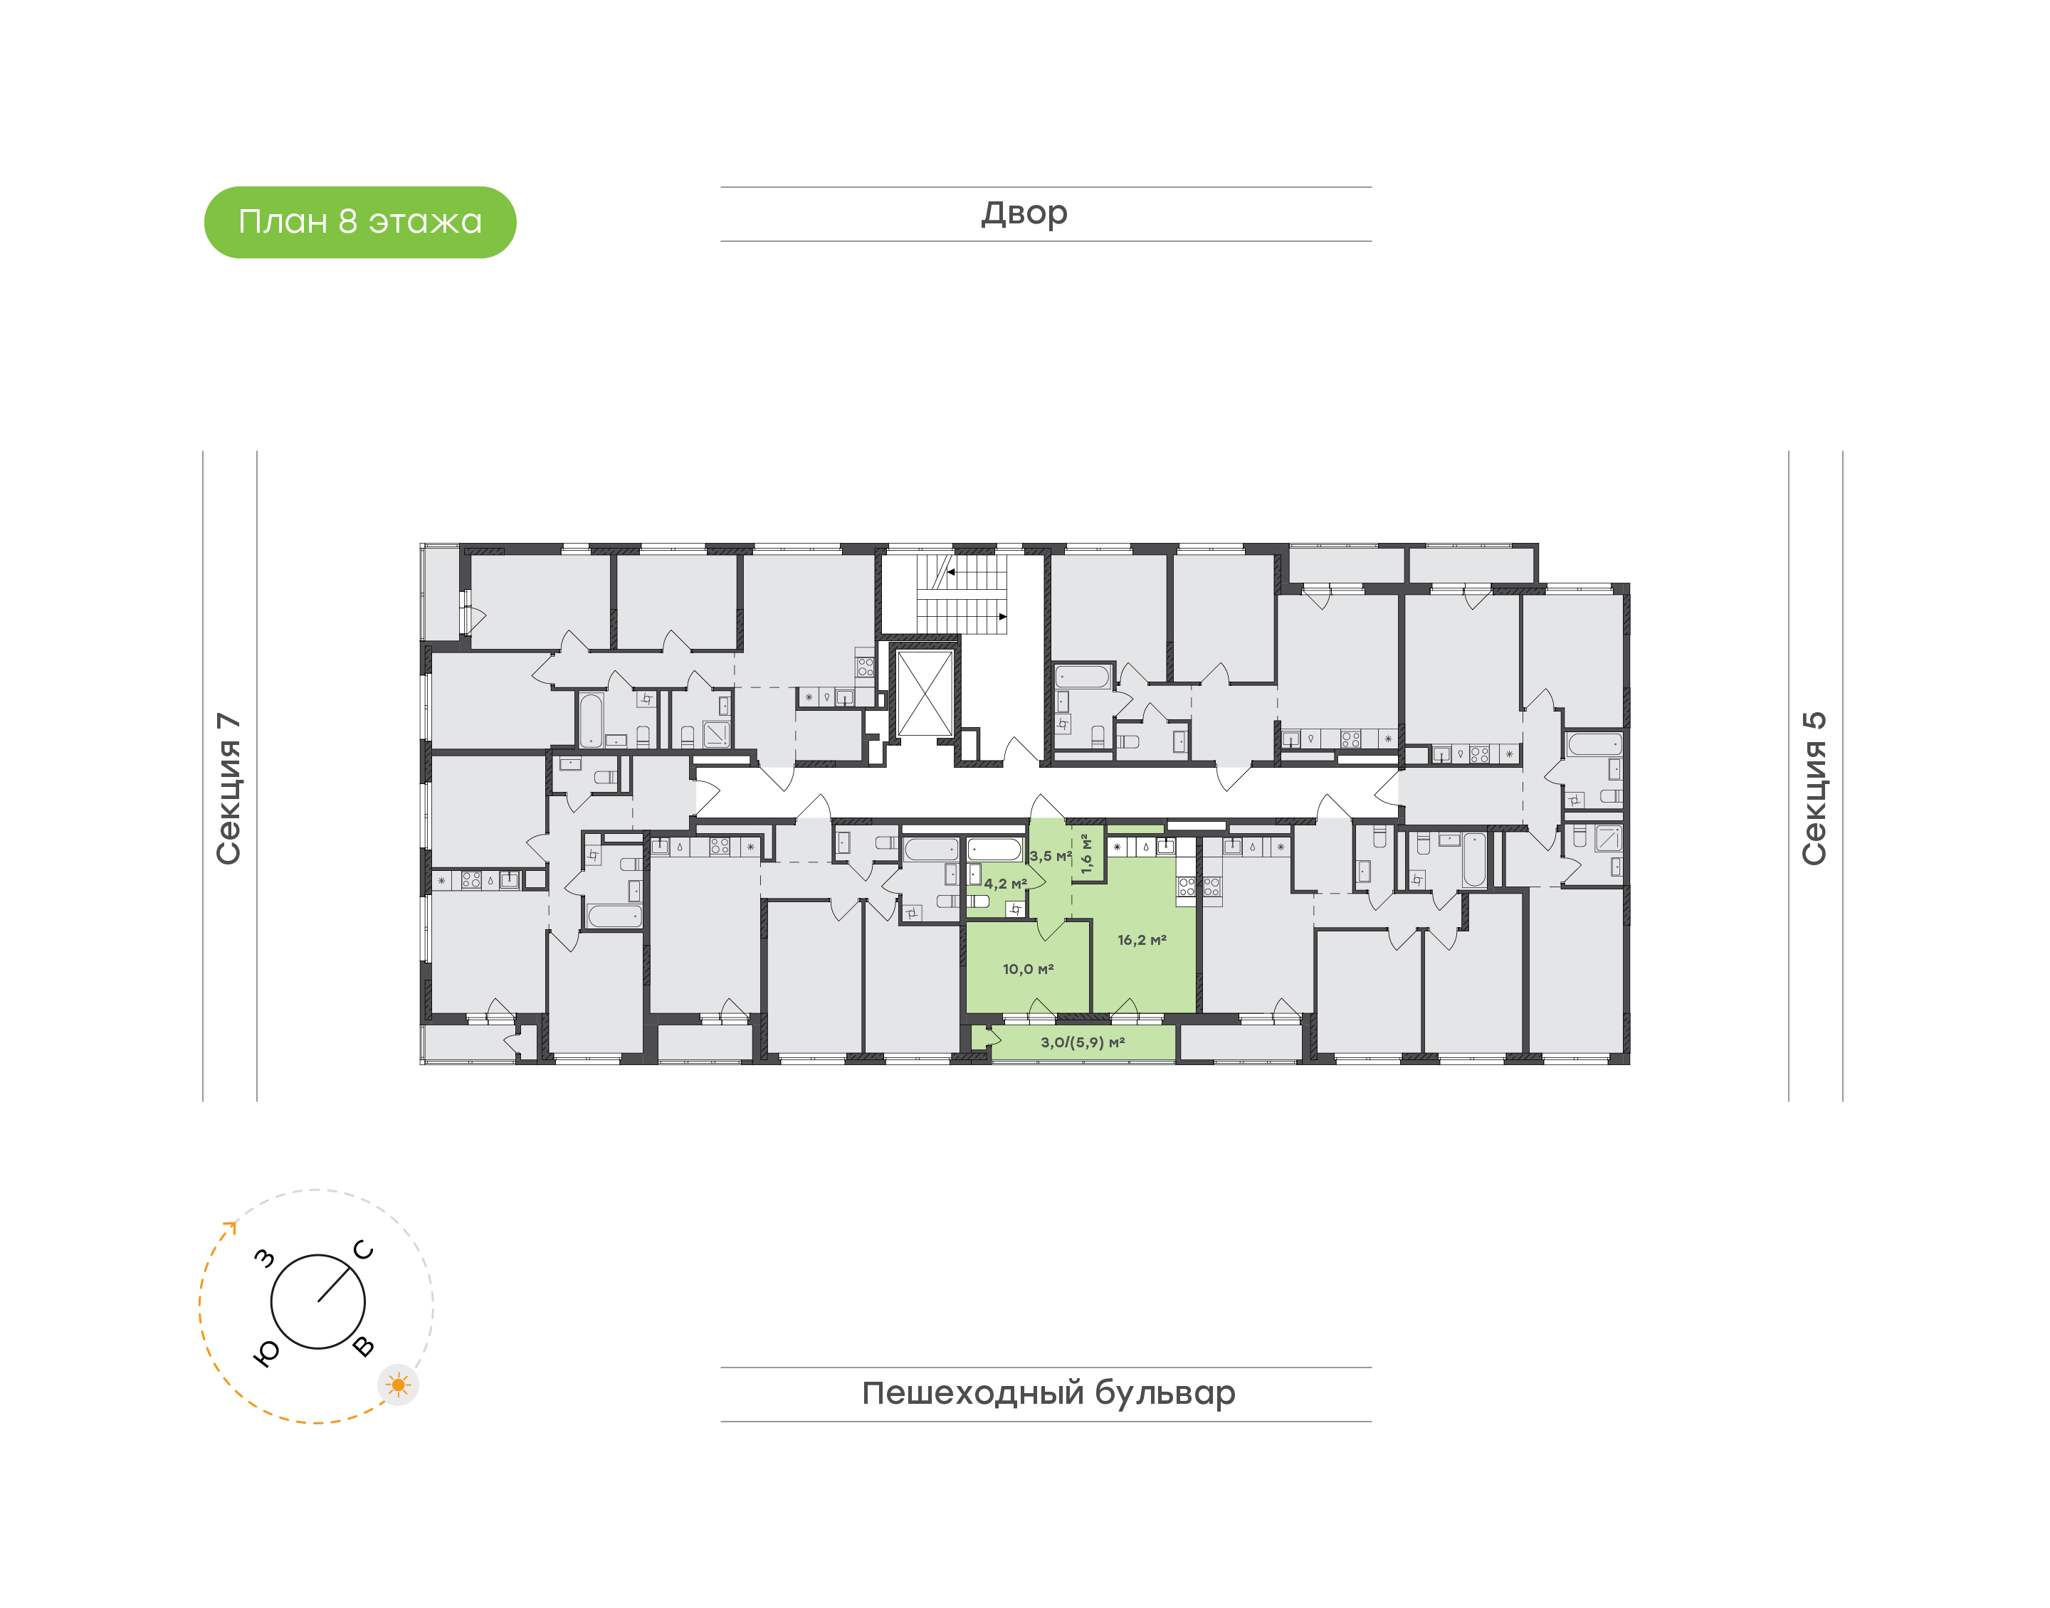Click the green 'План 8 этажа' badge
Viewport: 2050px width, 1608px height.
tap(359, 222)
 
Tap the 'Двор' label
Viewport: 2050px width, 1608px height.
tap(1024, 213)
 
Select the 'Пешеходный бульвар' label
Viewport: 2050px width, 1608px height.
tap(1048, 1393)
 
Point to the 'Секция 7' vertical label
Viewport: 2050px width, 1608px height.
tap(228, 788)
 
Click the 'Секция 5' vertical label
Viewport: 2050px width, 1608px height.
tap(1814, 788)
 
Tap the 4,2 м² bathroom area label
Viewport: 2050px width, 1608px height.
tap(1006, 884)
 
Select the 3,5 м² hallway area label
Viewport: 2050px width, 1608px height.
tap(1051, 857)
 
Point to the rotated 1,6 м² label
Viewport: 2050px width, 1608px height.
tap(1087, 854)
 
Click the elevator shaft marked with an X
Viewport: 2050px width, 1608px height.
tap(925, 693)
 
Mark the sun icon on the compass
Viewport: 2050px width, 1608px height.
tap(399, 1385)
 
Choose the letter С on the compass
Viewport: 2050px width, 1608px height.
tap(364, 1250)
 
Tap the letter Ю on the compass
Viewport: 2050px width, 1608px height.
tap(266, 1353)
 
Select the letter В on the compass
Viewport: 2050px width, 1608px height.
tap(364, 1346)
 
